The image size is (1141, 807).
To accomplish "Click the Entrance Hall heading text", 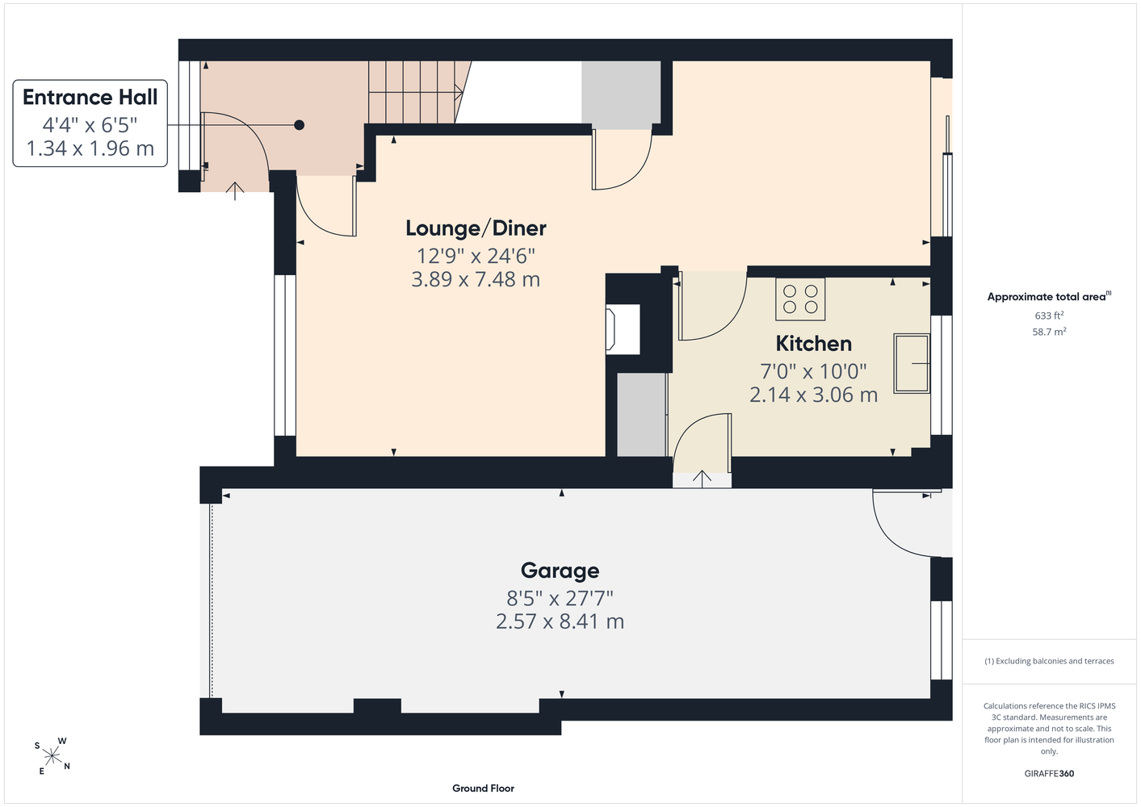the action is [x=90, y=98].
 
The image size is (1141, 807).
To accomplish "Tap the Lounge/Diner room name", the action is [x=476, y=228].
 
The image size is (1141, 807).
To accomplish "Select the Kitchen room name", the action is [x=813, y=344].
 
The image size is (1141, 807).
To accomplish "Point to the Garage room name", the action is [x=560, y=571].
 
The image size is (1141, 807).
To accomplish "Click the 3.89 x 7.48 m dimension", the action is [x=476, y=279].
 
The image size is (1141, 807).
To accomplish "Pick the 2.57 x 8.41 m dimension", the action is [x=560, y=621].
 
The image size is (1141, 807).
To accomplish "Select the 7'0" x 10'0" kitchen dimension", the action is [x=813, y=371].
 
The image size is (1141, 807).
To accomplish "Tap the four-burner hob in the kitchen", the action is [x=800, y=299].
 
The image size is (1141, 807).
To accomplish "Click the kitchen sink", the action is [x=912, y=363].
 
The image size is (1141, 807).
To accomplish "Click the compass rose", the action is [x=52, y=755].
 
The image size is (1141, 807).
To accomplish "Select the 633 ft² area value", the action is [x=1049, y=316].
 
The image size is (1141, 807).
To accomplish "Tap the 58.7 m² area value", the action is [x=1049, y=332].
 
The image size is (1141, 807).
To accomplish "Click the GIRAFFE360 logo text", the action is [x=1049, y=773].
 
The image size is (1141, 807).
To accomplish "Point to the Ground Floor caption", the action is [x=483, y=788].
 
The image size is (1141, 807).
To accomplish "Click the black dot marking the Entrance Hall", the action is [x=299, y=125].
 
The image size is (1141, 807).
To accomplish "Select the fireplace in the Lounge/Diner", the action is [x=623, y=329].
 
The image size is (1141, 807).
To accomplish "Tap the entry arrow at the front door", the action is [x=235, y=191].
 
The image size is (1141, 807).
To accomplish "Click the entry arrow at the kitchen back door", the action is [x=702, y=479].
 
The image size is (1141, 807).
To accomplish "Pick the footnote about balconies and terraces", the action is [x=1049, y=661].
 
